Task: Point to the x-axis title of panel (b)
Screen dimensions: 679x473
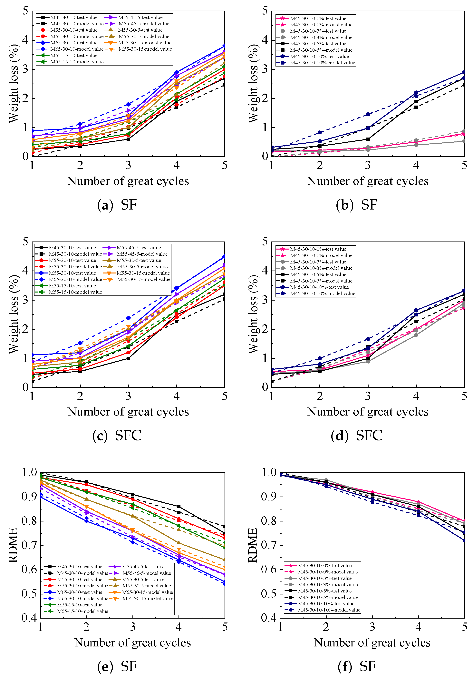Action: pyautogui.click(x=368, y=181)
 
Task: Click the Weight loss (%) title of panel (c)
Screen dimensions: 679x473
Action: pyautogui.click(x=14, y=314)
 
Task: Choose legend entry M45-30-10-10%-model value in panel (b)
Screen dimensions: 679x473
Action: pyautogui.click(x=322, y=63)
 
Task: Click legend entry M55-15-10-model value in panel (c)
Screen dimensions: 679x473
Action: pyautogui.click(x=75, y=292)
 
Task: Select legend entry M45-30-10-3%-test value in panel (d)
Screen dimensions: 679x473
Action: pyautogui.click(x=318, y=262)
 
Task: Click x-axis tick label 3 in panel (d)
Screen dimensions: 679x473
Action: pyautogui.click(x=368, y=396)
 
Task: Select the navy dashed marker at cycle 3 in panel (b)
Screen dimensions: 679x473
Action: pyautogui.click(x=368, y=114)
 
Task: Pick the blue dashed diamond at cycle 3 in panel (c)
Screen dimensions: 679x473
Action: pyautogui.click(x=128, y=318)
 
